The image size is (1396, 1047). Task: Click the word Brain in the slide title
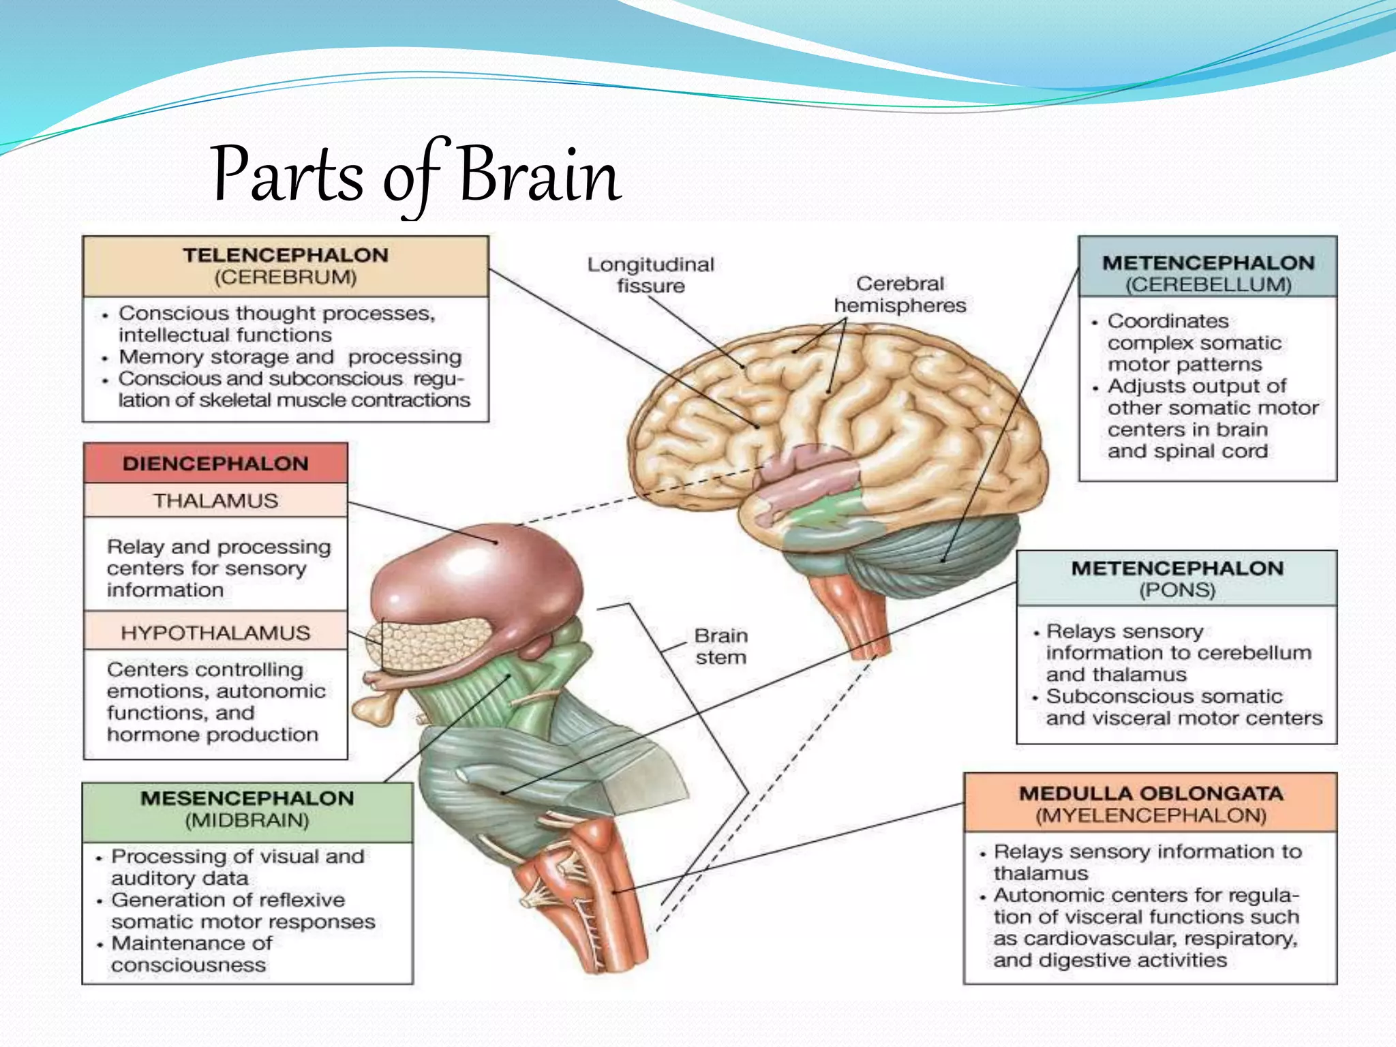pyautogui.click(x=538, y=176)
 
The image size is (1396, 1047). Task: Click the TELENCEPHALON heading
pyautogui.click(x=286, y=256)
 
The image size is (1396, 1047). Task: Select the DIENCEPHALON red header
pyautogui.click(x=215, y=464)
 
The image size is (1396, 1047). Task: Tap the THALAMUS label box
pyautogui.click(x=215, y=501)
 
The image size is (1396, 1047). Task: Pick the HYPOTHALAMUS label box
pyautogui.click(x=215, y=633)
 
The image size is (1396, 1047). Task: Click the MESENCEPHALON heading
pyautogui.click(x=247, y=798)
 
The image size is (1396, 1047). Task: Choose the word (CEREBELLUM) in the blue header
pyautogui.click(x=1208, y=285)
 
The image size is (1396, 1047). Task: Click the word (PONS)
pyautogui.click(x=1177, y=590)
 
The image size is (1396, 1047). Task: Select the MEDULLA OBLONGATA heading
pyautogui.click(x=1151, y=793)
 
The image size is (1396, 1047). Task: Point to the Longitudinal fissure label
pyautogui.click(x=650, y=275)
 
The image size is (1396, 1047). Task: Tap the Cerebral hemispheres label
pyautogui.click(x=900, y=294)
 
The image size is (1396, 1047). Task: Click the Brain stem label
pyautogui.click(x=720, y=646)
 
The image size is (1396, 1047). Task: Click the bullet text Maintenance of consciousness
pyautogui.click(x=191, y=954)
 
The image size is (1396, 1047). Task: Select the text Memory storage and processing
pyautogui.click(x=290, y=356)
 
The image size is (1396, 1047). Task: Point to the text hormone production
pyautogui.click(x=213, y=735)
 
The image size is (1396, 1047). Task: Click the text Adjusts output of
pyautogui.click(x=1196, y=386)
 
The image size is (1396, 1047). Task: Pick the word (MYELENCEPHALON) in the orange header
pyautogui.click(x=1151, y=816)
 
